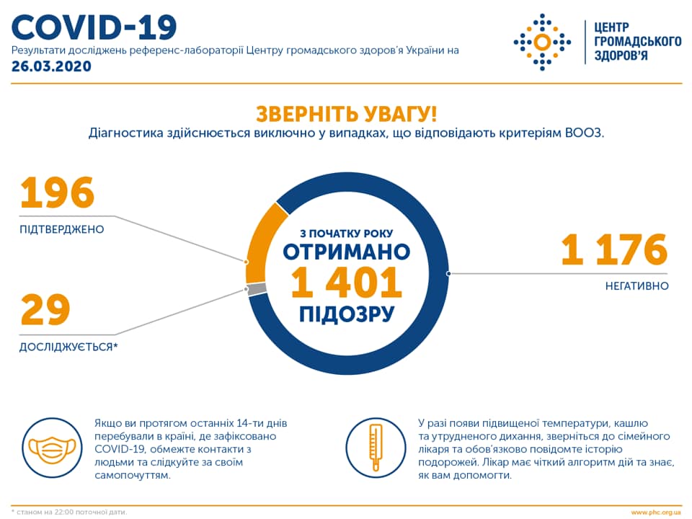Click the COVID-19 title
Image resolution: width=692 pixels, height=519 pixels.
coord(94,27)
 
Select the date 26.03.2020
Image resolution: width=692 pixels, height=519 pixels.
coord(51,66)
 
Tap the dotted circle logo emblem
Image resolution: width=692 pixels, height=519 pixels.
coord(541,42)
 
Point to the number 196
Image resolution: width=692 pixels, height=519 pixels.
coord(58,193)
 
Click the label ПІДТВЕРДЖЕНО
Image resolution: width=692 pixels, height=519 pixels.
coord(61,229)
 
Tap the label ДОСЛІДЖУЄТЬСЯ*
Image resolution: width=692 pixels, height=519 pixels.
coord(68,347)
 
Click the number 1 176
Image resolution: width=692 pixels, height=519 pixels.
coord(614,250)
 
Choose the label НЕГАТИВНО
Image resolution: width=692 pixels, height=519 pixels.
coord(636,286)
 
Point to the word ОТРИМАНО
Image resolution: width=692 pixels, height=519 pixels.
coord(346,252)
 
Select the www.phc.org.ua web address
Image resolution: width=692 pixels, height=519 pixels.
coord(656,512)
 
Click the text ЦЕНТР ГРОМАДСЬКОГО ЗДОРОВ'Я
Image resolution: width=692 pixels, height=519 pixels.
coord(636,41)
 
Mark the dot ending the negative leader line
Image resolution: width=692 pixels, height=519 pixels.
coord(448,273)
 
